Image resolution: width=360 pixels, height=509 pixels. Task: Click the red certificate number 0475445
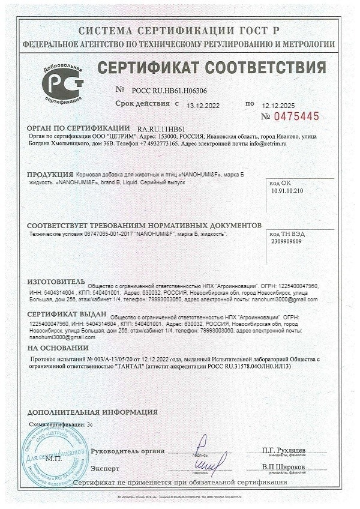coord(298,116)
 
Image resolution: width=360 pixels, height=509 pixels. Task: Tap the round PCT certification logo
coord(61,83)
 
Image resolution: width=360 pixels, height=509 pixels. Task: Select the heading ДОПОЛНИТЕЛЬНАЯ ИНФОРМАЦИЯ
coord(93,413)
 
